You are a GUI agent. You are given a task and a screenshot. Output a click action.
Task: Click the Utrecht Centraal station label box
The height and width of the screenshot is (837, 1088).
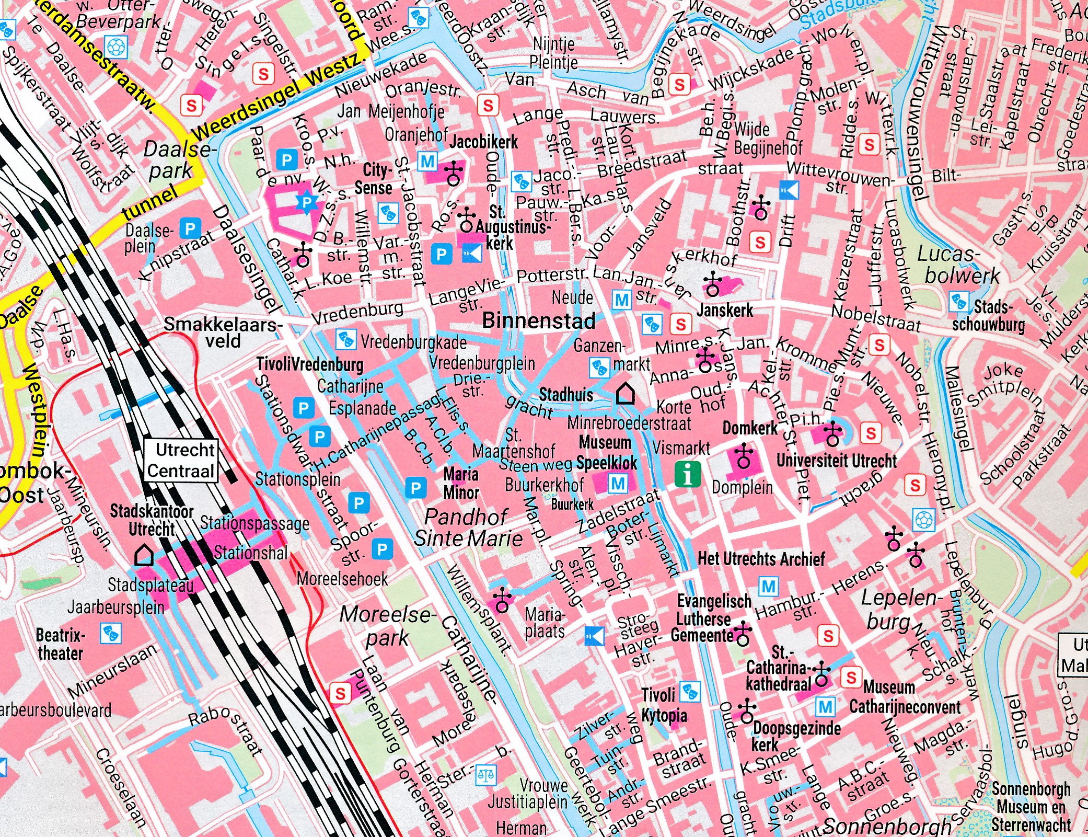[x=180, y=460]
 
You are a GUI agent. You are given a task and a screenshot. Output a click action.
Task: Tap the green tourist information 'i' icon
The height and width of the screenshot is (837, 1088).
[x=688, y=474]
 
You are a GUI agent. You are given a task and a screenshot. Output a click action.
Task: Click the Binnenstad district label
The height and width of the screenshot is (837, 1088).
[x=538, y=320]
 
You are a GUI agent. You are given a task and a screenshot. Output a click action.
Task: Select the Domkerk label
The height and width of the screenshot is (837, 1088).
[x=750, y=429]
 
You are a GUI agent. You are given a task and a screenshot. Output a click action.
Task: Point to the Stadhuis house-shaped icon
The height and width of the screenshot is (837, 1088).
[x=625, y=394]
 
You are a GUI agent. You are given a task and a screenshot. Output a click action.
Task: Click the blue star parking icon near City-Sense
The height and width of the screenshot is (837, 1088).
[x=307, y=202]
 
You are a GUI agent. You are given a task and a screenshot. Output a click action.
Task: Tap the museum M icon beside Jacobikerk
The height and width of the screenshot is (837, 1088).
[x=427, y=162]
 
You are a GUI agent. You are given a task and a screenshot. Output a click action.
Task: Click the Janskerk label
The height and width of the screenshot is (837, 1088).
[x=725, y=311]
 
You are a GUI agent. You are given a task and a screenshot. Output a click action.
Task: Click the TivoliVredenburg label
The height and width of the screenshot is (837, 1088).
[x=309, y=364]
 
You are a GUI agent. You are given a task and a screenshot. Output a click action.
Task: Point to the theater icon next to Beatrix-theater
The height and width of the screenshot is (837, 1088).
[x=110, y=633]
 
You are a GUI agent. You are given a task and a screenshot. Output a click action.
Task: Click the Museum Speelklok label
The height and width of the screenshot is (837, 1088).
[x=606, y=453]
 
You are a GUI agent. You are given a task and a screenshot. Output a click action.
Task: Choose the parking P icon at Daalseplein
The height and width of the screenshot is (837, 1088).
[x=190, y=228]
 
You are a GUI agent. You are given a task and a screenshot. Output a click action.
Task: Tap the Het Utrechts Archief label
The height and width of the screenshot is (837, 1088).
[x=761, y=559]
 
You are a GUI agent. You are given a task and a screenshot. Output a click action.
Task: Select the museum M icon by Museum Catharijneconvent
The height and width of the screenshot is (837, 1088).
[x=825, y=708]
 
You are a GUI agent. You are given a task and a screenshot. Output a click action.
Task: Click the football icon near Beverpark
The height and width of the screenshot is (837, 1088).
[x=115, y=47]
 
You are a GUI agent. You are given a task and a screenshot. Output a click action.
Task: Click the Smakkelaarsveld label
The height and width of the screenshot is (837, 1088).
[x=223, y=332]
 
